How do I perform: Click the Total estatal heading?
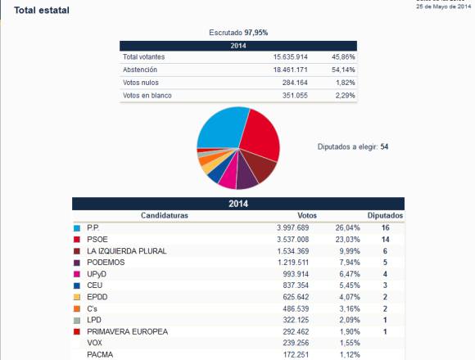pyautogui.click(x=42, y=11)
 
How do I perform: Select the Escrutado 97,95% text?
pyautogui.click(x=238, y=33)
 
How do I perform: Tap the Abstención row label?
pyautogui.click(x=140, y=70)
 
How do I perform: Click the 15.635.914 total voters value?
pyautogui.click(x=290, y=57)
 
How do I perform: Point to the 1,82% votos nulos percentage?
pyautogui.click(x=346, y=83)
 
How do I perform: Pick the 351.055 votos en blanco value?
pyautogui.click(x=295, y=96)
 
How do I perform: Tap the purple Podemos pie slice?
pyautogui.click(x=246, y=175)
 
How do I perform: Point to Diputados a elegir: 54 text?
pyautogui.click(x=353, y=146)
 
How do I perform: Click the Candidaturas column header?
pyautogui.click(x=165, y=215)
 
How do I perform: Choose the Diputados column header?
pyautogui.click(x=385, y=215)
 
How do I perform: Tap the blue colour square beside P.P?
pyautogui.click(x=77, y=228)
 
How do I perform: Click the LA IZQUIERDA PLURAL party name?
pyautogui.click(x=127, y=251)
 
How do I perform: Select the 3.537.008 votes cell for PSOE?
pyautogui.click(x=292, y=240)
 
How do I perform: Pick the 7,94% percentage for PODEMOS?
pyautogui.click(x=350, y=263)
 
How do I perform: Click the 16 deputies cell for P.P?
pyautogui.click(x=386, y=227)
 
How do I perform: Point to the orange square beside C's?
pyautogui.click(x=77, y=309)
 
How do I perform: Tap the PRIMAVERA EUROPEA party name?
pyautogui.click(x=127, y=332)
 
